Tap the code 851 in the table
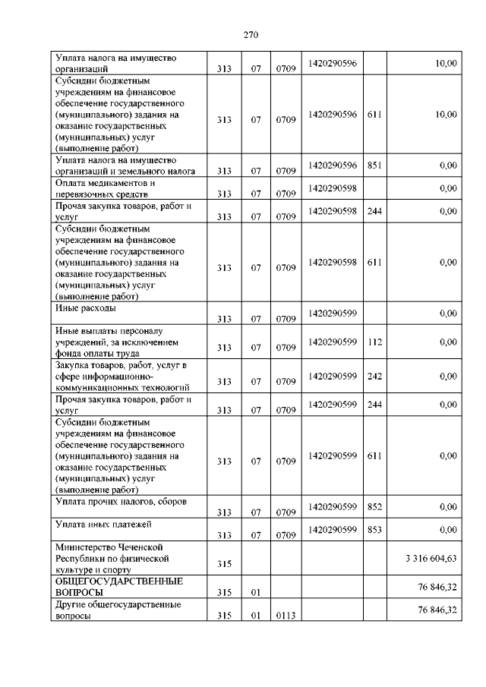(374, 165)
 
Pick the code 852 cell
(374, 506)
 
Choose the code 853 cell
(374, 529)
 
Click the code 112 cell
(374, 342)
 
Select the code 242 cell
(374, 376)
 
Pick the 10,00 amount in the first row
(446, 64)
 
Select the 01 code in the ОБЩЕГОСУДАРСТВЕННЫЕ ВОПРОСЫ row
(256, 592)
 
